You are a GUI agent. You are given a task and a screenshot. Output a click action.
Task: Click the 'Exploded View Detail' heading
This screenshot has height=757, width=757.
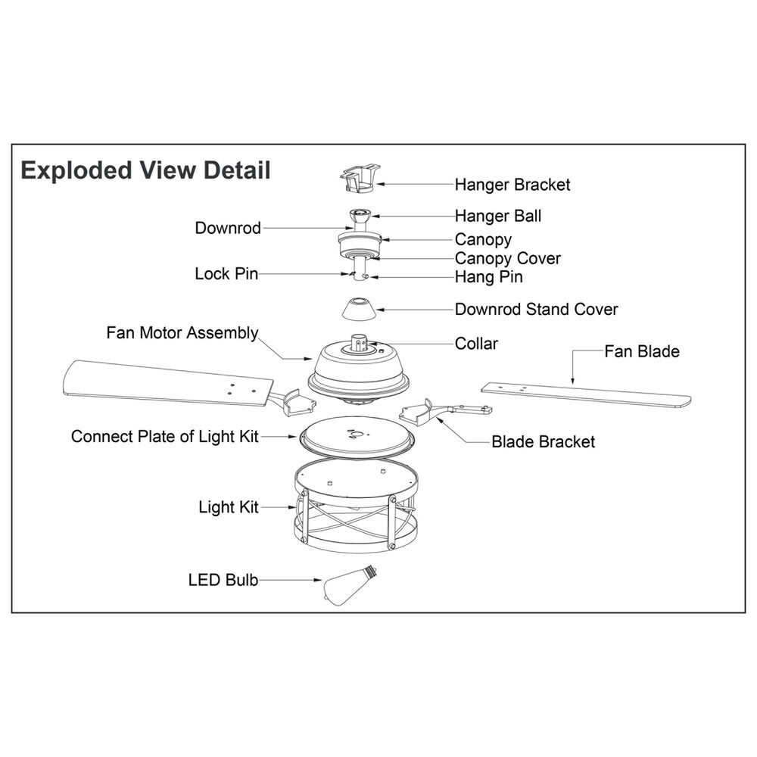coord(145,170)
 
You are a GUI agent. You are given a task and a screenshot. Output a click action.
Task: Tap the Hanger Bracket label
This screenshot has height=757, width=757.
coord(512,185)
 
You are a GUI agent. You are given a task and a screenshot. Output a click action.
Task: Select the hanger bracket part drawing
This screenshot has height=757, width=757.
coord(360,178)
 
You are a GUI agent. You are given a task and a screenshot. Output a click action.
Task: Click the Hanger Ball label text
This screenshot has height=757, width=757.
coord(498,216)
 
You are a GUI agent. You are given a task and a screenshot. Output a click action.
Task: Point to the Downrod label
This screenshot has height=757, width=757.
coord(228,228)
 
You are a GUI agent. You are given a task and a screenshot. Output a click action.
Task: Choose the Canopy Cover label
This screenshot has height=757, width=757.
coord(507,258)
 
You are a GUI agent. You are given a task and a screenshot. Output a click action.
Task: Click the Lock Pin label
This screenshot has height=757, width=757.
coord(226,274)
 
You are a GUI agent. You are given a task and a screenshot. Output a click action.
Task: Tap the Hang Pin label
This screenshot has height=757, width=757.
coord(488,276)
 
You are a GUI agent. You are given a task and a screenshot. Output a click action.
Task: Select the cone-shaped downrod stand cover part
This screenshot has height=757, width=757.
coord(359,308)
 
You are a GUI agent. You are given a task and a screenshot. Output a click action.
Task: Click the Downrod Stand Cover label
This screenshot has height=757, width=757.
coord(536,309)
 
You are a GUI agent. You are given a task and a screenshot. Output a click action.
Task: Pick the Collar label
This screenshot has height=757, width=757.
coord(476,344)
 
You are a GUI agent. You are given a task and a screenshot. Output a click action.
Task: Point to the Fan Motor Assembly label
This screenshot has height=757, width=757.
coord(182,332)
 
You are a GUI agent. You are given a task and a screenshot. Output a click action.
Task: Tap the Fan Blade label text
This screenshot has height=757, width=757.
coord(642,351)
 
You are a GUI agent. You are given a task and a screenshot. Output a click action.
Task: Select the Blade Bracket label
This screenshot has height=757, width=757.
coord(543,442)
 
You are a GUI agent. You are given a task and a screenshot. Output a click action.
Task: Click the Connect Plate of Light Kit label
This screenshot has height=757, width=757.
coord(165,437)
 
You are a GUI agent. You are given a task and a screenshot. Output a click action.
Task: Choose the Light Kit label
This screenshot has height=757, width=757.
coord(229,507)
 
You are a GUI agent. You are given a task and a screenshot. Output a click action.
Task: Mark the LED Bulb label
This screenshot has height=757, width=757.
coord(223,580)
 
